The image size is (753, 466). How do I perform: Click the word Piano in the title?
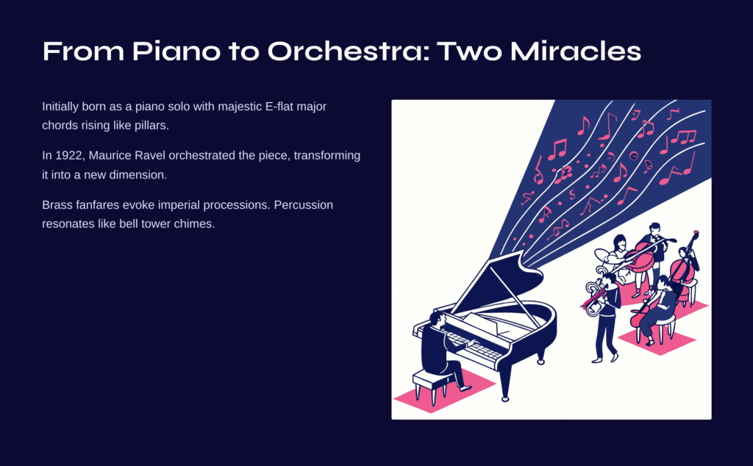click(176, 51)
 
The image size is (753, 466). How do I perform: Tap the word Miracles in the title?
click(575, 51)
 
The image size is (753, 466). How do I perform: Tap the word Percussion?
click(304, 205)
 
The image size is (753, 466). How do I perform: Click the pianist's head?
click(437, 318)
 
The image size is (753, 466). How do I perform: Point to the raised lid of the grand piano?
click(495, 283)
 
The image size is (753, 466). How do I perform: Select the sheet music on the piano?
click(485, 325)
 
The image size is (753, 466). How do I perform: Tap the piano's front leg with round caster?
click(504, 384)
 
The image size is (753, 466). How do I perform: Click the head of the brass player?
click(609, 279)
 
